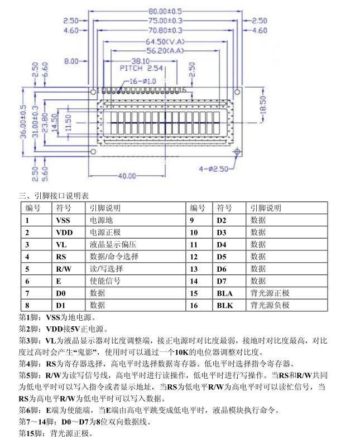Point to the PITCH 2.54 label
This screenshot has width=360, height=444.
(x=141, y=69)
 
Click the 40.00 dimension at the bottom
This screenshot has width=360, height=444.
(x=126, y=176)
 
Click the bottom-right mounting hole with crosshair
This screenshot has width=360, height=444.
(x=237, y=152)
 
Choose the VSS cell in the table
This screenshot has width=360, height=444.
(x=64, y=220)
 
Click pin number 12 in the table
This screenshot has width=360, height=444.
(x=194, y=257)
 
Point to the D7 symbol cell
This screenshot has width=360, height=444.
(x=222, y=281)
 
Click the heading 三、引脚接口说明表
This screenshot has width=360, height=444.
(x=54, y=195)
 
